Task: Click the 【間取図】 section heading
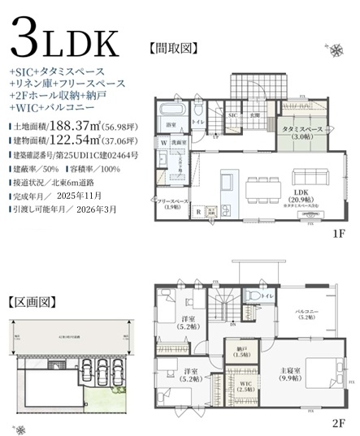[x=174, y=48]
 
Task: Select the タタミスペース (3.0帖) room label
[x=302, y=133]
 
